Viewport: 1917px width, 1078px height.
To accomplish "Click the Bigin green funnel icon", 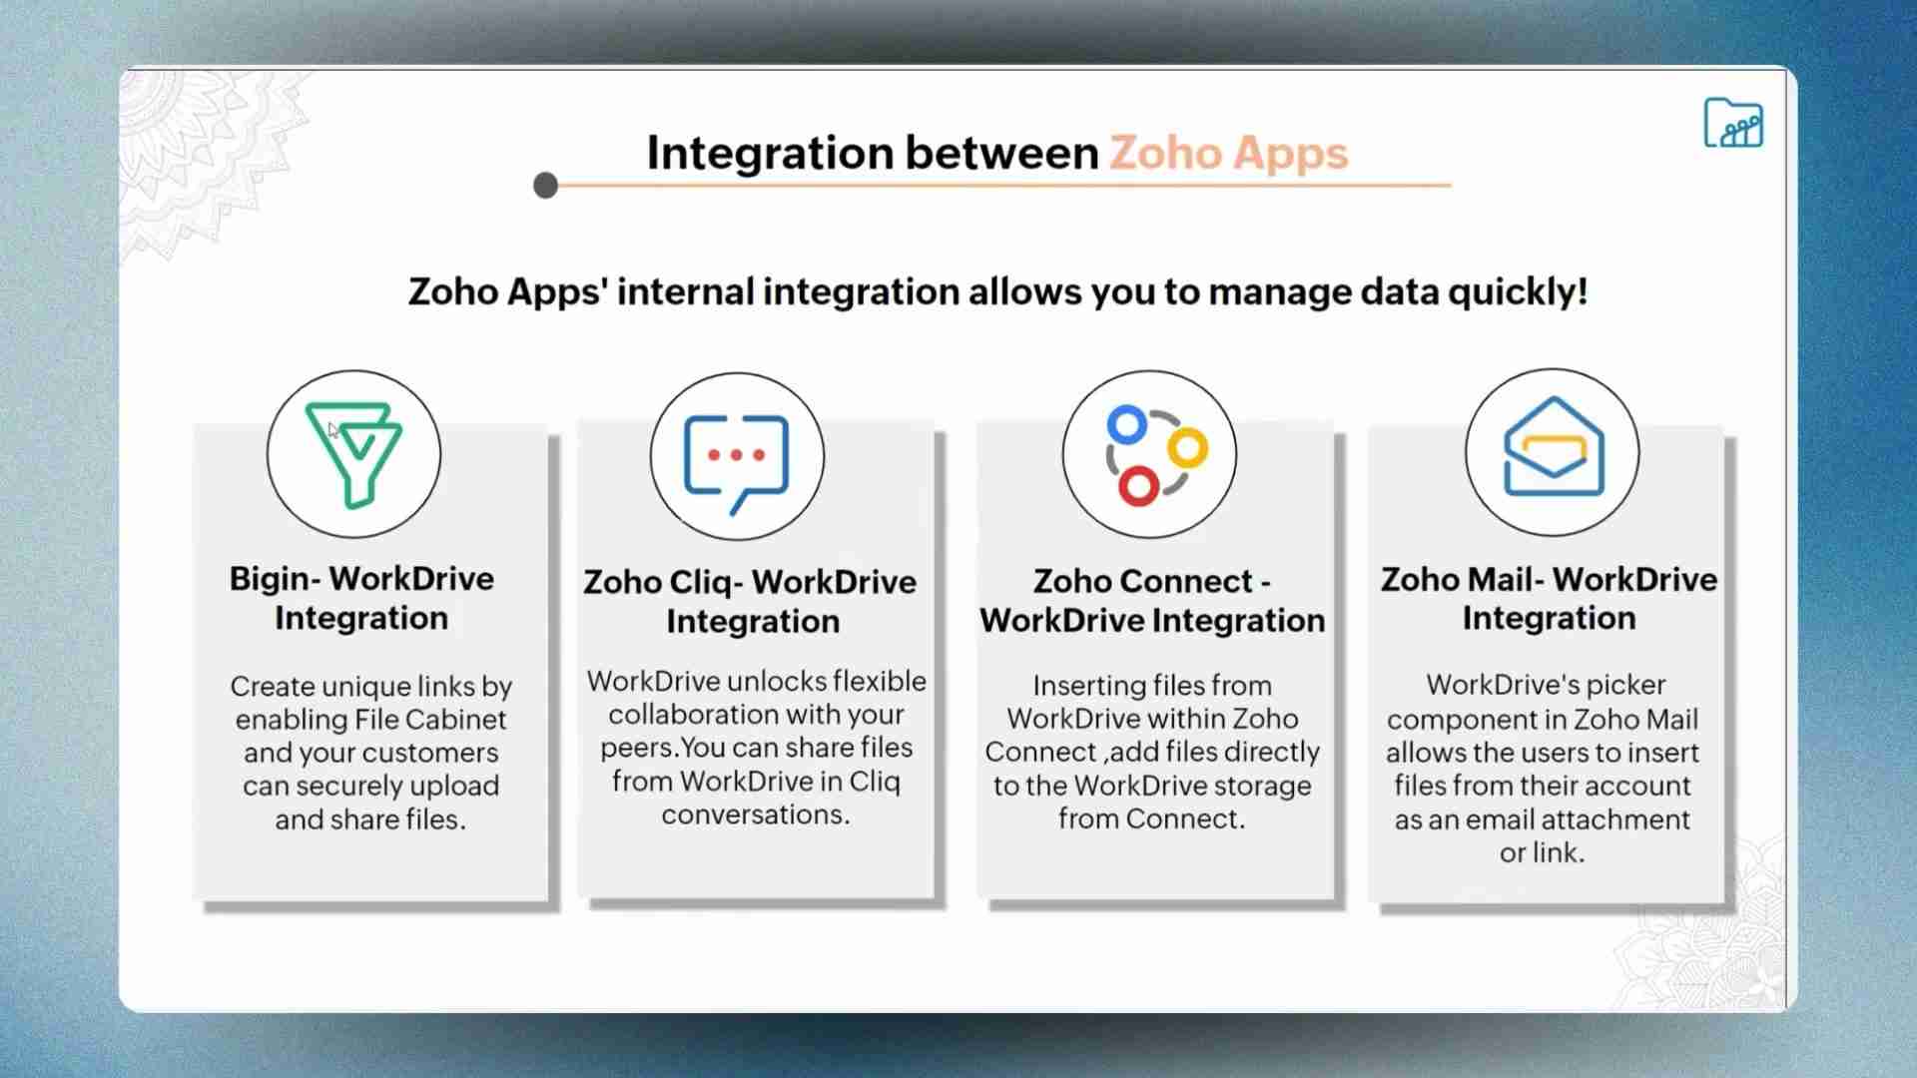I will coord(353,454).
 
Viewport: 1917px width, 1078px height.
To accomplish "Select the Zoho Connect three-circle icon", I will coord(1150,455).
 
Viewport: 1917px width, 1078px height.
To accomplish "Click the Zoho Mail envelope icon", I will coord(1553,450).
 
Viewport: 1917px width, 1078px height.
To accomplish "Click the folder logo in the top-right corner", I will coord(1732,124).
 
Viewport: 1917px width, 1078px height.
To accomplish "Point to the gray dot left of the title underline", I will coord(545,186).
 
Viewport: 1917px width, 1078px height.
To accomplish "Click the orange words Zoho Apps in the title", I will coord(1228,154).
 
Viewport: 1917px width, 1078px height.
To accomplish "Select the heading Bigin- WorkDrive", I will coord(361,579).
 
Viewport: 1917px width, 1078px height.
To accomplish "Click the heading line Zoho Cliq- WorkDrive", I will coord(750,582).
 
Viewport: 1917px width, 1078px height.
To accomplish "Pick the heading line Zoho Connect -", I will coord(1151,581).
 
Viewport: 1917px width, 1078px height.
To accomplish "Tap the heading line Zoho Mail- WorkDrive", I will coord(1549,579).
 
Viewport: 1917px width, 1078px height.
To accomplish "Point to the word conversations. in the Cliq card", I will coord(756,814).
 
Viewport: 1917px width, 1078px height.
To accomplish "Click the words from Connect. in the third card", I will coord(1151,819).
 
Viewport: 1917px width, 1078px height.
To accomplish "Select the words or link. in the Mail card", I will coord(1542,853).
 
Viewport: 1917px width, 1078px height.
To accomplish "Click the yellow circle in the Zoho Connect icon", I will coord(1188,447).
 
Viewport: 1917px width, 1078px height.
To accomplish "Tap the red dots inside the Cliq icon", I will coord(737,455).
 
